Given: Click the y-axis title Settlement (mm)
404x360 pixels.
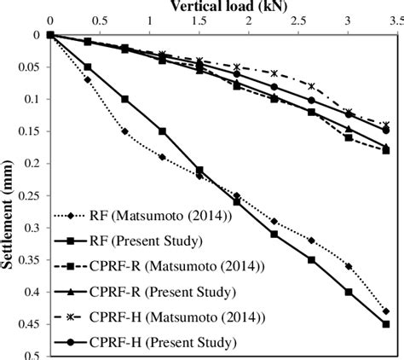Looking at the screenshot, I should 13,195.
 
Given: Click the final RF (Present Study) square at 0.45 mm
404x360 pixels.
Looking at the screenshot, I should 386,324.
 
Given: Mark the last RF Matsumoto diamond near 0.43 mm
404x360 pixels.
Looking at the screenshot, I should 386,311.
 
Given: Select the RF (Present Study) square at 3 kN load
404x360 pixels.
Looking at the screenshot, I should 349,292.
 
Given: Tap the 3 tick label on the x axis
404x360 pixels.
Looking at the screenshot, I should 349,20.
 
